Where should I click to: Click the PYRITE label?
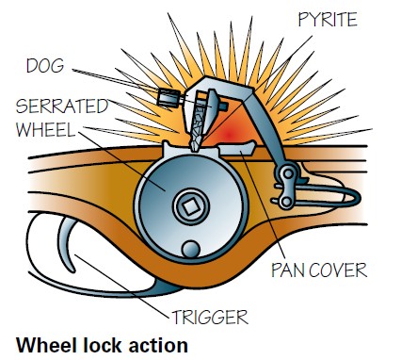click(x=328, y=20)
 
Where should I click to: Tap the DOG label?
click(x=45, y=66)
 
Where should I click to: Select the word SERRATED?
click(x=62, y=106)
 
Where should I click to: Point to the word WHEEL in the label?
click(x=46, y=129)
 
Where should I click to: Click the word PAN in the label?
click(x=289, y=270)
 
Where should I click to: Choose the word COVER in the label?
click(x=338, y=270)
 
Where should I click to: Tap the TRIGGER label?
click(x=210, y=317)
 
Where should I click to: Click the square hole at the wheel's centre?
click(x=191, y=206)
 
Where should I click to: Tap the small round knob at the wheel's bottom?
click(x=191, y=250)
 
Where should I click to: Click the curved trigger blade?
click(x=68, y=242)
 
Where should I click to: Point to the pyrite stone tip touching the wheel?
click(x=195, y=143)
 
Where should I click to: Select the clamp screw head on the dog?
click(x=167, y=97)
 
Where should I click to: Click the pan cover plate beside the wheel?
click(x=237, y=148)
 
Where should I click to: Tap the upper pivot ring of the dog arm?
click(x=288, y=173)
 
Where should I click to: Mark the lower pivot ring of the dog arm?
click(x=286, y=202)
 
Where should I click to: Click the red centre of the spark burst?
click(x=229, y=135)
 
